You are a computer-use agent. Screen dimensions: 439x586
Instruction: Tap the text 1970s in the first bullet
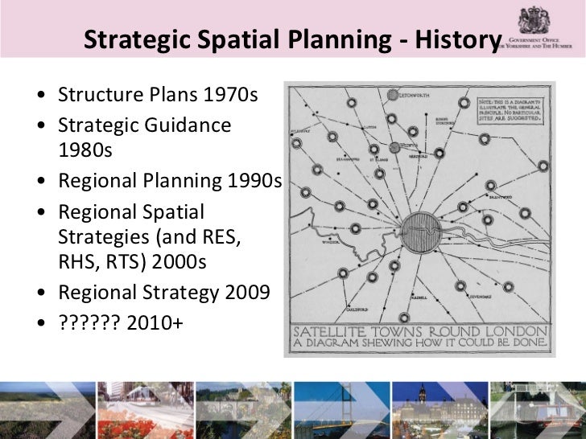(x=230, y=95)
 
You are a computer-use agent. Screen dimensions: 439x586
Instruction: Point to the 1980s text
(x=85, y=150)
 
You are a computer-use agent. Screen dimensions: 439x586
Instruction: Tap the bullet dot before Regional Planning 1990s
(x=41, y=181)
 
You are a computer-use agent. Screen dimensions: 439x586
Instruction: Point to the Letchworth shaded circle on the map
(x=394, y=95)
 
